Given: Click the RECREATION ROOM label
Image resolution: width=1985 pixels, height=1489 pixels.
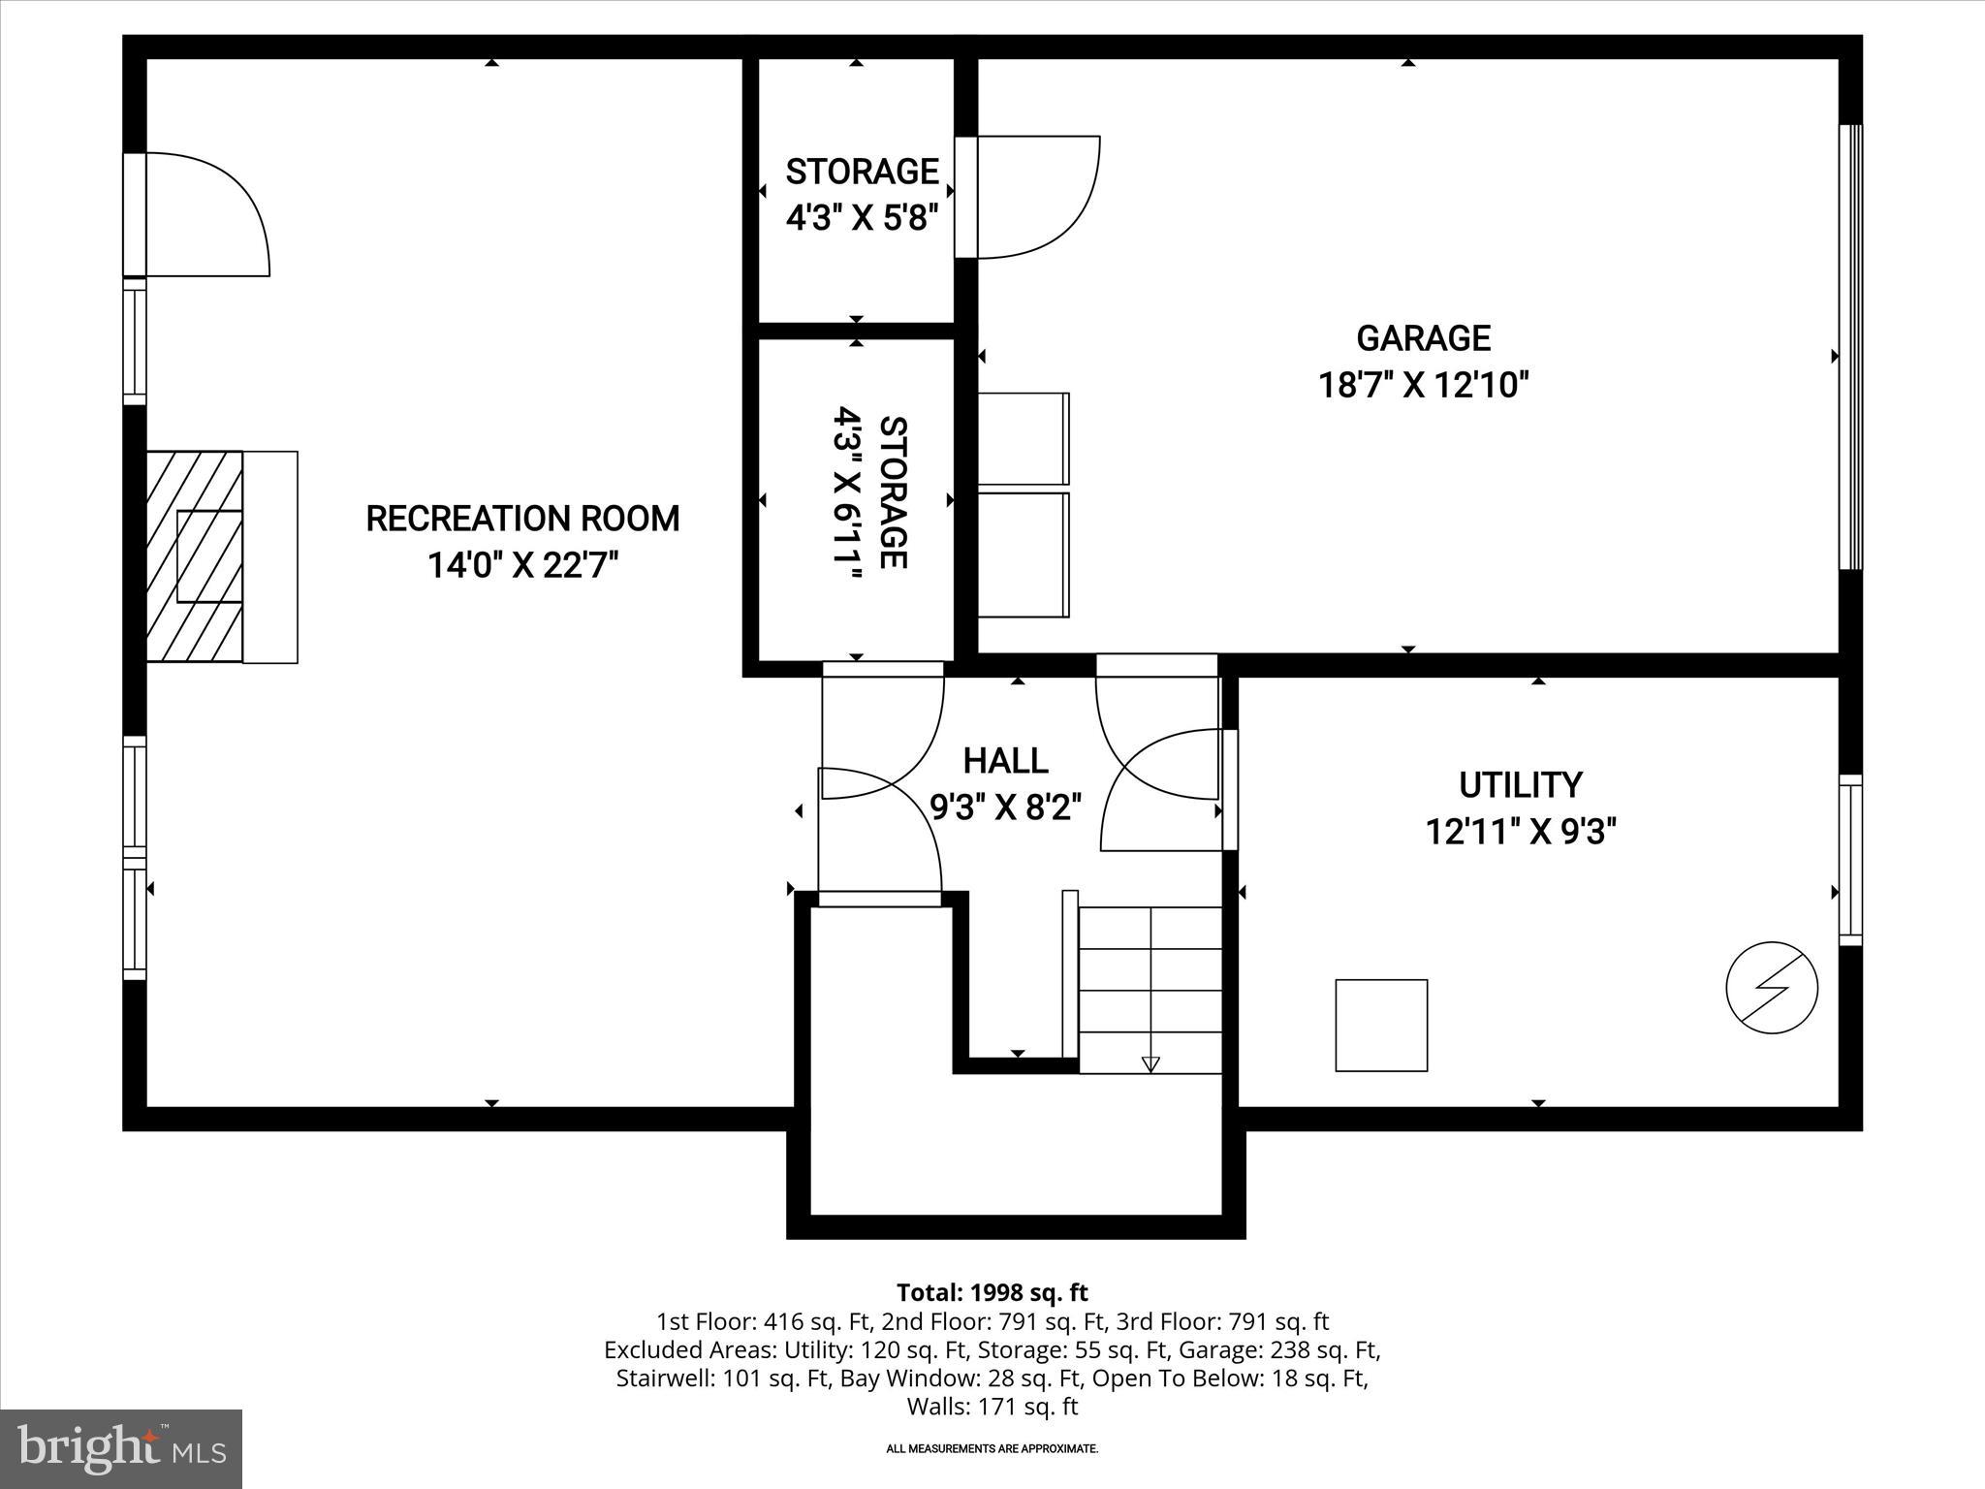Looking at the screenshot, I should (x=522, y=519).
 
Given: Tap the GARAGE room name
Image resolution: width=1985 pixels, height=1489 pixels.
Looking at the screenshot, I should (x=1422, y=338).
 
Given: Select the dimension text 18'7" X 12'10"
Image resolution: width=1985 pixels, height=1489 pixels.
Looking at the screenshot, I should (x=1422, y=386).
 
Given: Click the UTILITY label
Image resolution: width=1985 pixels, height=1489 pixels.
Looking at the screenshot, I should (x=1520, y=784).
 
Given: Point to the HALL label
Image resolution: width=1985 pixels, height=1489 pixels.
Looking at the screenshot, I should (x=1005, y=761).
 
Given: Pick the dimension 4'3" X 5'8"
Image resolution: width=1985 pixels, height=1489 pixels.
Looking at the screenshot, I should (x=862, y=218).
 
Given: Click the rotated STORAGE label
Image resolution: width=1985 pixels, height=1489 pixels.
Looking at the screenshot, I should (x=892, y=492).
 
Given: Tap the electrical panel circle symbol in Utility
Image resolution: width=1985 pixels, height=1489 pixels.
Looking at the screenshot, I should (x=1771, y=988).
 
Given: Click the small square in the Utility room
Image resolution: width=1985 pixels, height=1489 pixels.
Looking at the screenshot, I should (x=1380, y=1025).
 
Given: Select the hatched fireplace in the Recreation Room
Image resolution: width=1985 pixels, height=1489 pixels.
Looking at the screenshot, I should (x=194, y=556).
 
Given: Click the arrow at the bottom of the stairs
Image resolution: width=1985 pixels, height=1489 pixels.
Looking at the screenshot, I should (x=1150, y=1063).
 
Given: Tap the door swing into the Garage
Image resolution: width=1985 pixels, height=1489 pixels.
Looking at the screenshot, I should (x=1037, y=199).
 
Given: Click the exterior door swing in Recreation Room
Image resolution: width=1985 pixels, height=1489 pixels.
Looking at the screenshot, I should (x=205, y=215).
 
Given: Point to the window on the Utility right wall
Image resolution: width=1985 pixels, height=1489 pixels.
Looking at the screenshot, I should (x=1849, y=860).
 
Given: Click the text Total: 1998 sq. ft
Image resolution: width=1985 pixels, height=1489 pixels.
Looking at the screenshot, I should (x=992, y=1293).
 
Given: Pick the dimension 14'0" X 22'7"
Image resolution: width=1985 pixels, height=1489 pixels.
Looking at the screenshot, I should (x=522, y=565).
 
